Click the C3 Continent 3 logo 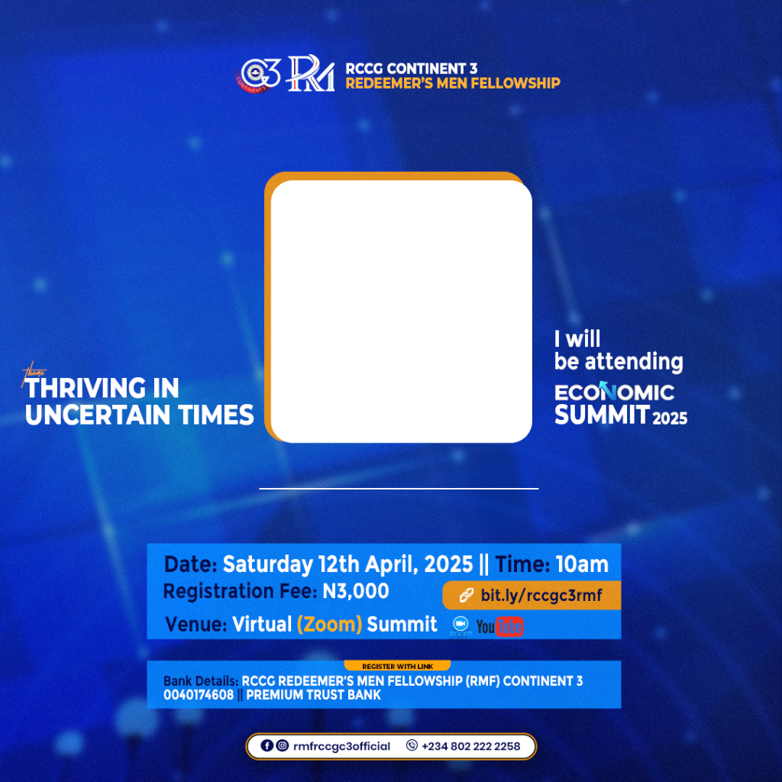258,75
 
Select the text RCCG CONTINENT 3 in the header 412,68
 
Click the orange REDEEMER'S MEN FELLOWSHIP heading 453,83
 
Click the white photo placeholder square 402,312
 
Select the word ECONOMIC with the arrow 615,393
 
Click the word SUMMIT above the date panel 602,415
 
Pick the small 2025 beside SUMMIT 670,418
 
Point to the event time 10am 582,564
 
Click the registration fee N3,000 356,592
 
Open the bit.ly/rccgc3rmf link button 532,596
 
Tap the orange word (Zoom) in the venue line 329,625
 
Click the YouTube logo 499,627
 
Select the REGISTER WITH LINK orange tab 397,666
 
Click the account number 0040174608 199,695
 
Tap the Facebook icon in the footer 267,745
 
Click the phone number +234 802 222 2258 470,746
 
